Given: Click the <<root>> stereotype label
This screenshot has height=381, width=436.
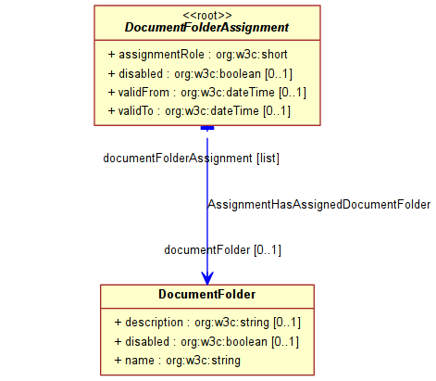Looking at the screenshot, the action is point(207,15).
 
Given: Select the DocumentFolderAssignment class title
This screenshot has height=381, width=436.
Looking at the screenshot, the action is point(206,28).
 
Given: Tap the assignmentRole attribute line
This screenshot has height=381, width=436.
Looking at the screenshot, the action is point(197,55).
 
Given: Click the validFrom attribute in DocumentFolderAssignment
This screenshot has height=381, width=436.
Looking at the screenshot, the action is point(207,93).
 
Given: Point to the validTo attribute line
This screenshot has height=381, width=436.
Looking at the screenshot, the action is point(199,111).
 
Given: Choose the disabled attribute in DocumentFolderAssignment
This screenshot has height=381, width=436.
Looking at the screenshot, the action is point(200,74).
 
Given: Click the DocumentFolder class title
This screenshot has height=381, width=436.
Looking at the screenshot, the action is point(207,294).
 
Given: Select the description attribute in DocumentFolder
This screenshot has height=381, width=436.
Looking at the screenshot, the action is point(207,323).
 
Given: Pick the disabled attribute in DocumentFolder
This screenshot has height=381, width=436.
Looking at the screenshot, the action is point(206,342).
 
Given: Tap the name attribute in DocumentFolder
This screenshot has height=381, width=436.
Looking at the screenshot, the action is point(177,361).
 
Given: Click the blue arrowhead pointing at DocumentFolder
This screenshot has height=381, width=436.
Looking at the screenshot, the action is point(207,278).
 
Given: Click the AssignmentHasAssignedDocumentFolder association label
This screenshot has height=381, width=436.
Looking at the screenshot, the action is point(319,205).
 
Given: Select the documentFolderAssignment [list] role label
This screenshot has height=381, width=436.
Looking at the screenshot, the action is point(191,159).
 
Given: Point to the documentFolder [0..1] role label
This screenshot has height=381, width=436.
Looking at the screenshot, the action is point(222,250).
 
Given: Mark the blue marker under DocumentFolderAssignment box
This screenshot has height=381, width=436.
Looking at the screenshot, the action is point(207,128).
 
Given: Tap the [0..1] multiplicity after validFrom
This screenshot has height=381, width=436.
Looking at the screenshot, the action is point(293,93).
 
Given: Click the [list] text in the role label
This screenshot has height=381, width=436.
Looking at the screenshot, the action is point(268,159).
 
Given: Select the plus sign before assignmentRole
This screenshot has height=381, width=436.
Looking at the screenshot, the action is point(111,55).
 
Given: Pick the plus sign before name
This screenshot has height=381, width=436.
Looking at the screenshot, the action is point(118,361).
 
